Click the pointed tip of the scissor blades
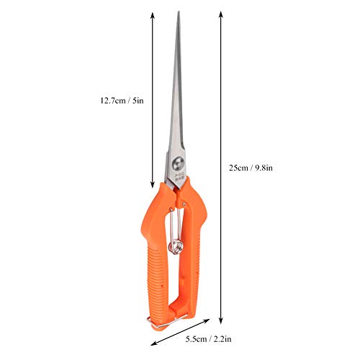[179, 12]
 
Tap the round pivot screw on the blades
[178, 163]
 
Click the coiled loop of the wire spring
[176, 246]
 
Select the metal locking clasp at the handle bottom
[166, 321]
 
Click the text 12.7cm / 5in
[122, 100]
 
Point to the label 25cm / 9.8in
[251, 168]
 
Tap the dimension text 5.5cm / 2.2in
[209, 339]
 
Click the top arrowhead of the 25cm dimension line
[221, 14]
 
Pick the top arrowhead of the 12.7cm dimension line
[153, 15]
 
